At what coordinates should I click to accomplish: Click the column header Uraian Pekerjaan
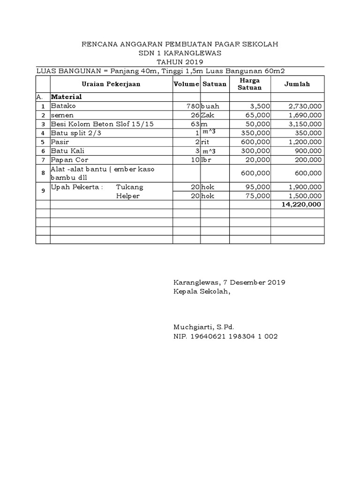click(111, 84)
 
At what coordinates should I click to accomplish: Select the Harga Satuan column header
click(249, 84)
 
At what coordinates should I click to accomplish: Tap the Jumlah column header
click(297, 84)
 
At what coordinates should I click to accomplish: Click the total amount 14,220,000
click(302, 204)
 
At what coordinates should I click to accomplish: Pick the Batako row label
click(63, 106)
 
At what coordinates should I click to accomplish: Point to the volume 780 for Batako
click(193, 106)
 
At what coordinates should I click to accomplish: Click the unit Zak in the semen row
click(208, 115)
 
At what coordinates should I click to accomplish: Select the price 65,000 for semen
click(258, 115)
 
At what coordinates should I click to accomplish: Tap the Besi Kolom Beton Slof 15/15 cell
click(102, 124)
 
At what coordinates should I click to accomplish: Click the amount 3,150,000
click(304, 124)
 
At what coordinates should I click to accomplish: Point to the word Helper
click(128, 196)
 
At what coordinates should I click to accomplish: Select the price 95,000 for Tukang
click(258, 187)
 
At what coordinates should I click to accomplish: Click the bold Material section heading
click(67, 97)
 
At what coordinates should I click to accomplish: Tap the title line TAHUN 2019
click(180, 62)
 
